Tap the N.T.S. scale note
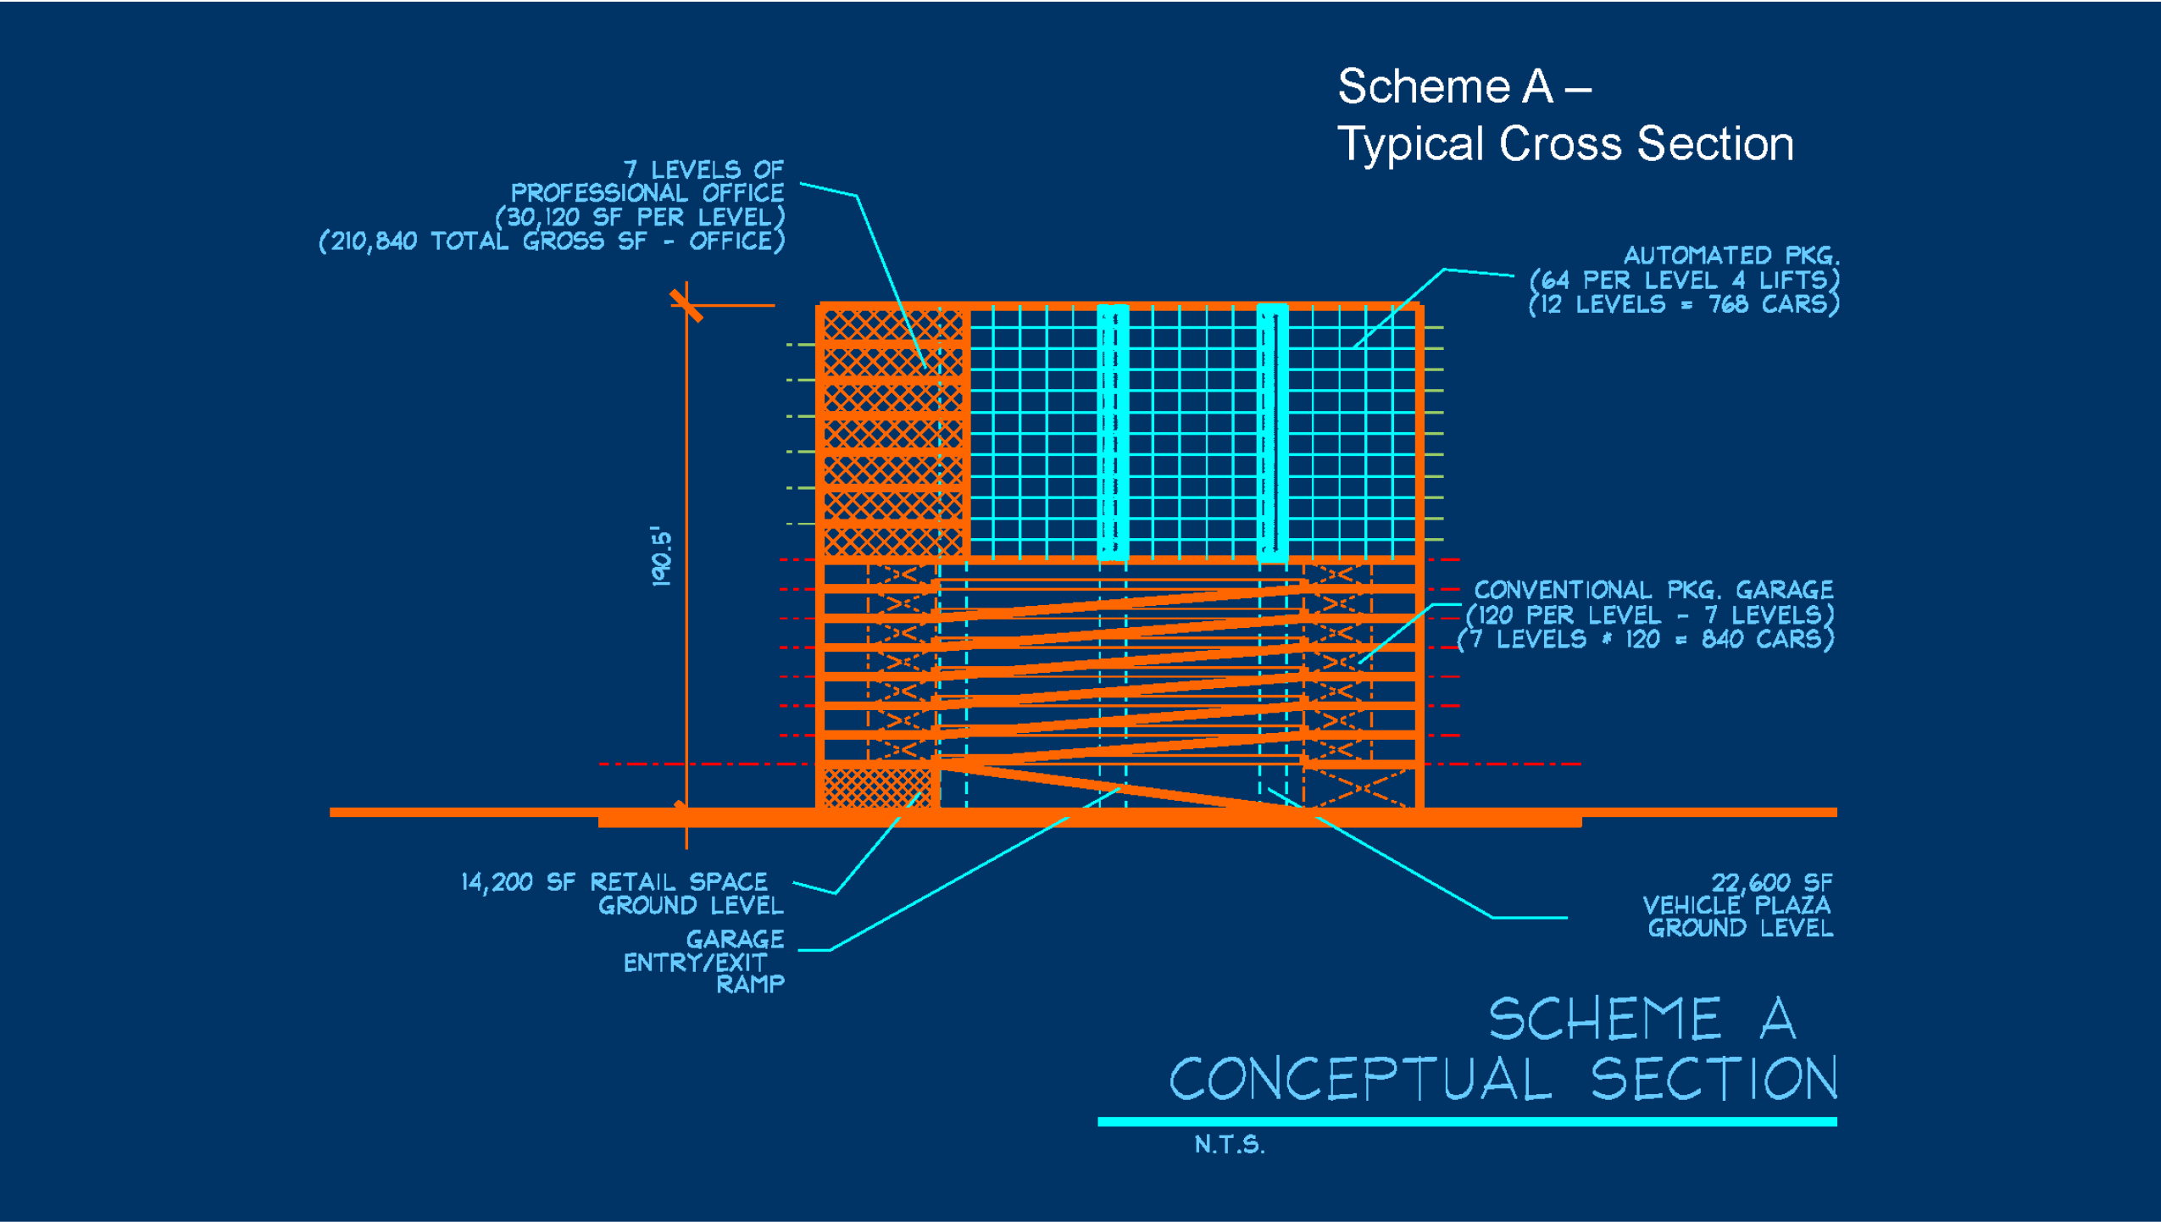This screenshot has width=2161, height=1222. [x=1229, y=1145]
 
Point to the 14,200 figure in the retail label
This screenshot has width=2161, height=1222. [x=497, y=882]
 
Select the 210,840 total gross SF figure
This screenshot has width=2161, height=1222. [x=374, y=242]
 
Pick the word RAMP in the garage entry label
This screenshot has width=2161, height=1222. [x=750, y=984]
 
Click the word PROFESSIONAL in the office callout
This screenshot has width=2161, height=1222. [x=598, y=193]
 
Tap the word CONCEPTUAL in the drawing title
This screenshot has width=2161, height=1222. [x=1360, y=1079]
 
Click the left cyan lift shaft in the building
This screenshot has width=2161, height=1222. [x=1113, y=432]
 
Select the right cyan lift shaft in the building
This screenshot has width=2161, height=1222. [x=1272, y=432]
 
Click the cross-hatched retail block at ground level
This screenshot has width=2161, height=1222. [x=877, y=787]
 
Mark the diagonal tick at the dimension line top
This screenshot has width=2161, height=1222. [x=686, y=305]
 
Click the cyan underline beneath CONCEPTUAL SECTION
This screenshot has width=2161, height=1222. [x=1466, y=1122]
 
